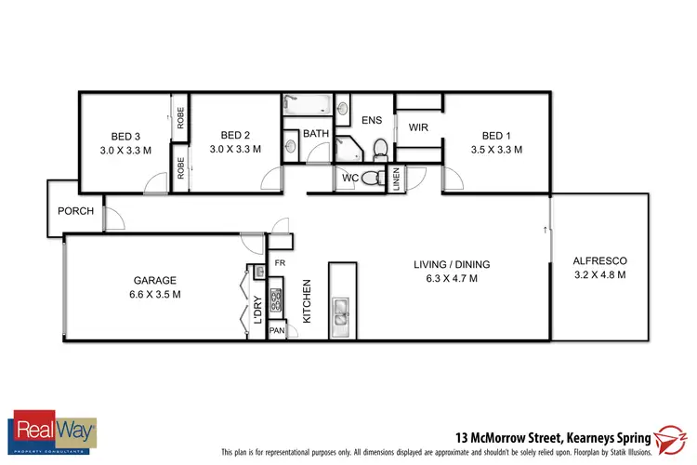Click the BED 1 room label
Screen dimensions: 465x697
click(x=497, y=134)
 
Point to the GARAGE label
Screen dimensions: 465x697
click(x=155, y=280)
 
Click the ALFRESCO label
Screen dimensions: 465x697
click(x=601, y=260)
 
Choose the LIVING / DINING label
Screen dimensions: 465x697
click(x=452, y=264)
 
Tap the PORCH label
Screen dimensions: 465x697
click(x=75, y=211)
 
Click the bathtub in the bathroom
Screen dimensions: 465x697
click(x=306, y=104)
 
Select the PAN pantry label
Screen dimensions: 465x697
click(x=277, y=330)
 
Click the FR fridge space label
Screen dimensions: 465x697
click(x=280, y=264)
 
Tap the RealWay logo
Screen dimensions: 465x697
click(x=52, y=432)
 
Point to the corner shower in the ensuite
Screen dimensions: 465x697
click(x=349, y=148)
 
